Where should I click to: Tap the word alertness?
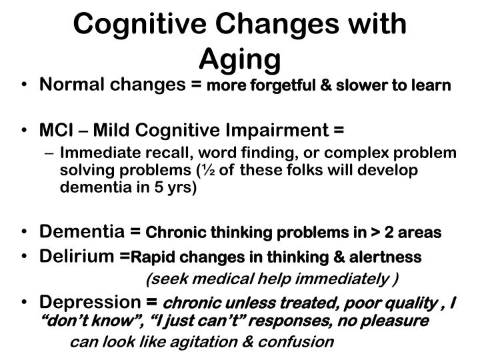[x=389, y=257]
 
